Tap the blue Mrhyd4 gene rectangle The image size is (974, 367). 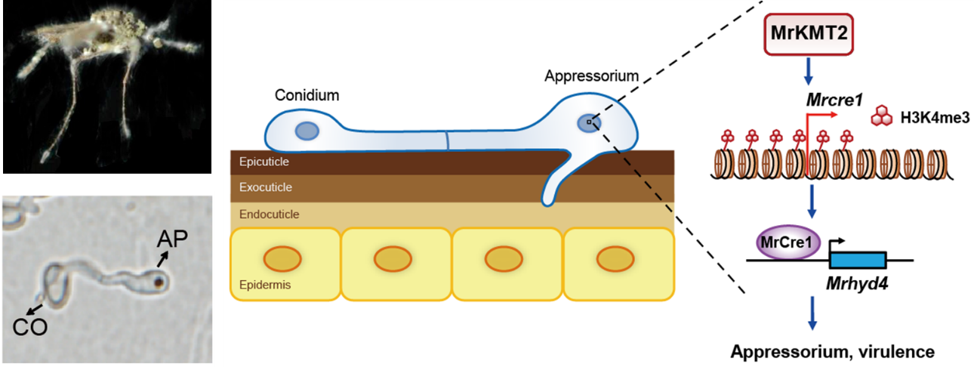tap(858, 260)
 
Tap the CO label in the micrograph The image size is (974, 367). tap(28, 327)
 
